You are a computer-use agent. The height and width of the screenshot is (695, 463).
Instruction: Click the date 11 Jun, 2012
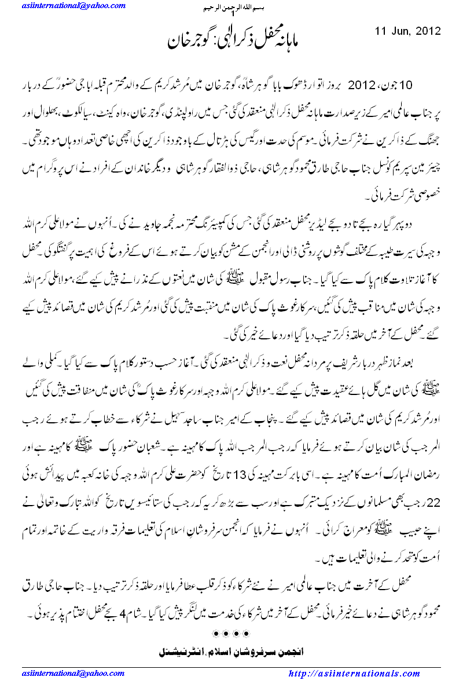407,31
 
